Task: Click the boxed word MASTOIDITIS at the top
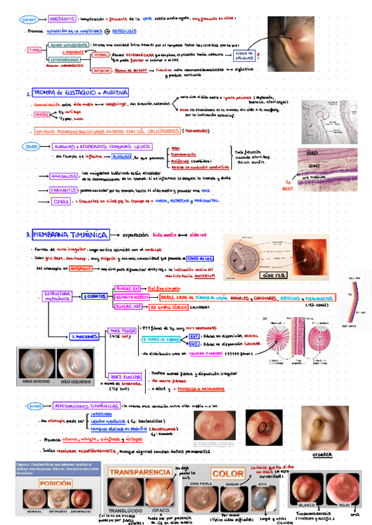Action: point(63,19)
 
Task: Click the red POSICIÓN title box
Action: point(46,484)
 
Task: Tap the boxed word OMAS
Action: point(61,202)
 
